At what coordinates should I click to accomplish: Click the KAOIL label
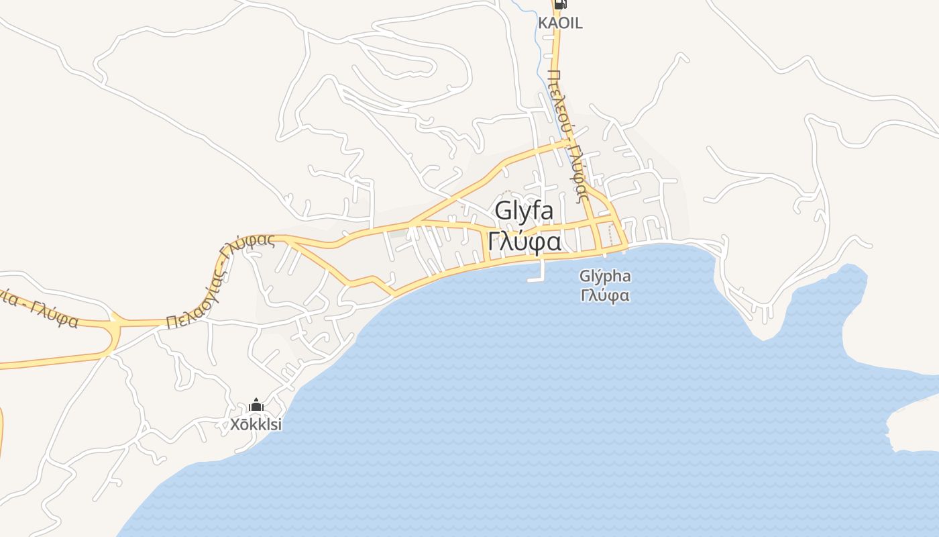click(x=560, y=23)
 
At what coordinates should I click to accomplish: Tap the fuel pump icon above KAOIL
click(x=561, y=4)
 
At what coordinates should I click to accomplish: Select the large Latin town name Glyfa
click(x=524, y=211)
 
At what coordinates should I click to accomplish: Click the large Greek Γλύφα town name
click(x=524, y=241)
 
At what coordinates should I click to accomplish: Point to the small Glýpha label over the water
click(x=605, y=277)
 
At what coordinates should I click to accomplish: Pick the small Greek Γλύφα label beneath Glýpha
click(x=605, y=295)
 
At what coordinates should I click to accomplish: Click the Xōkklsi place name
click(x=256, y=424)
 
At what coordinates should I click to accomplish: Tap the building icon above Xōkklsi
click(x=256, y=405)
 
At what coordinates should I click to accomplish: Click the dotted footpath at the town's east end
click(x=610, y=235)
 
